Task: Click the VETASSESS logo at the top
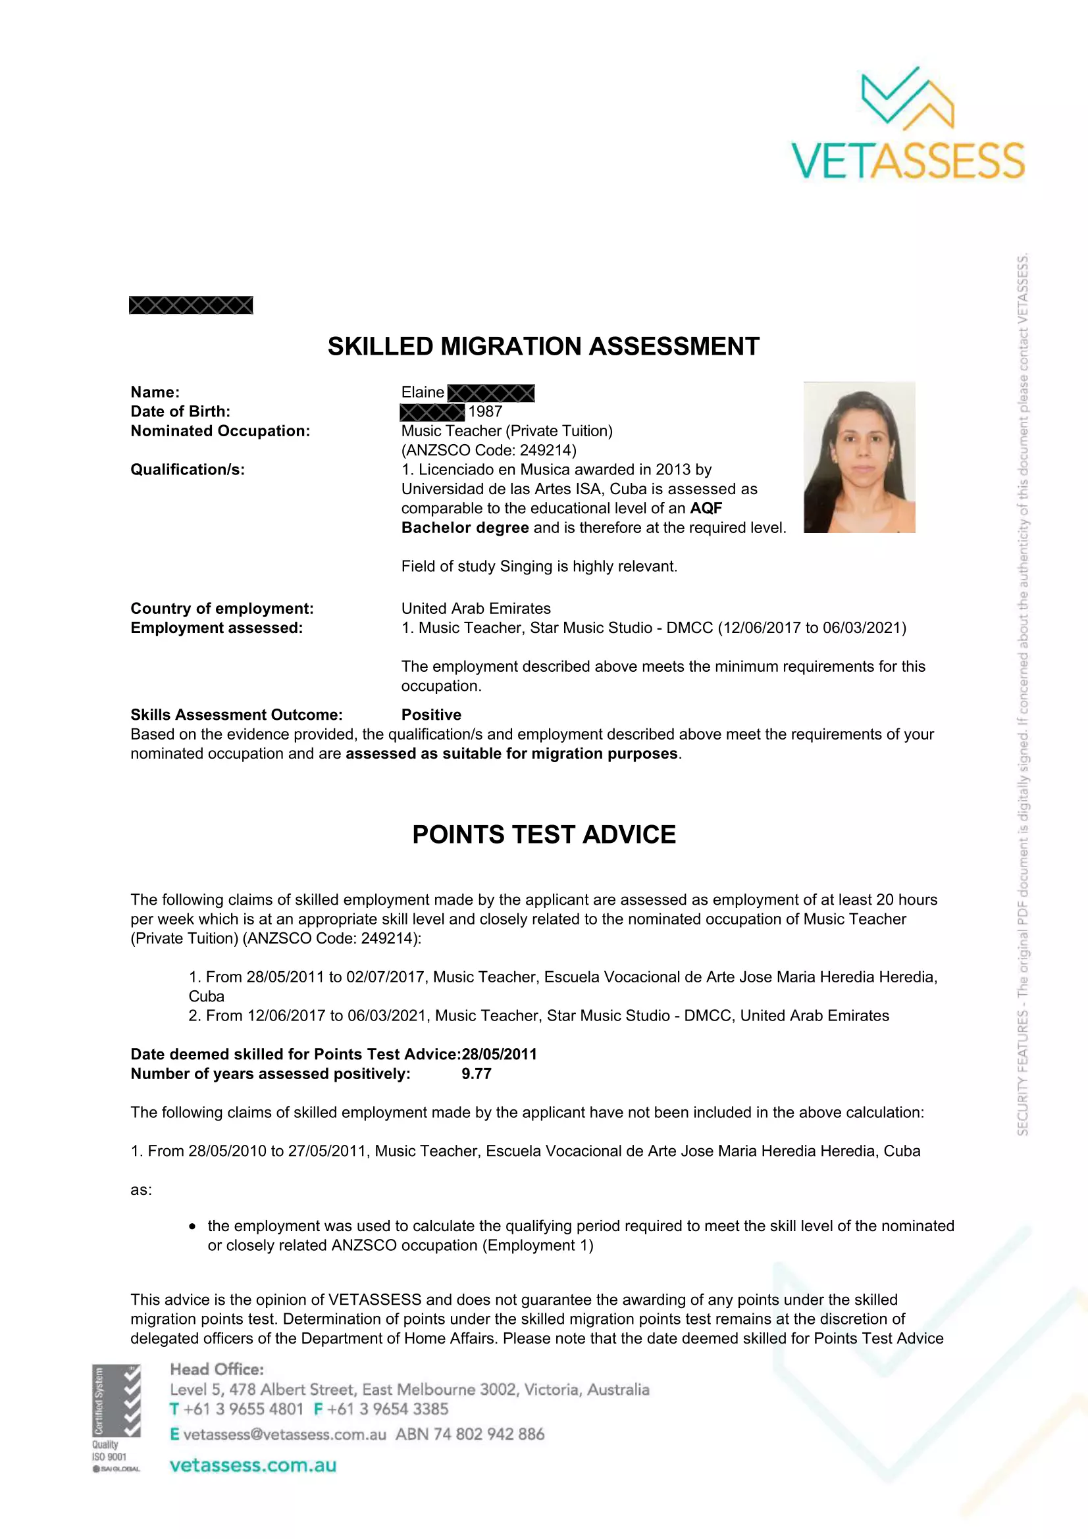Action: [908, 124]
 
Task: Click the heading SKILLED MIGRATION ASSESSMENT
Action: [543, 347]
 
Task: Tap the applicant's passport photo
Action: [859, 457]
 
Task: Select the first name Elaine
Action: [423, 392]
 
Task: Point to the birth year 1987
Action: [484, 411]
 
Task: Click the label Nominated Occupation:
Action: [220, 431]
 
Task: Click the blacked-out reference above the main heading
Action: [191, 305]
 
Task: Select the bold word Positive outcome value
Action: [431, 715]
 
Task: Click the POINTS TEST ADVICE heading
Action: [544, 834]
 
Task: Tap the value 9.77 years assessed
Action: [476, 1074]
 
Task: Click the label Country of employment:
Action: [222, 609]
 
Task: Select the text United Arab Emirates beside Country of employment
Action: [476, 609]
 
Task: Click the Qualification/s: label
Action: [188, 470]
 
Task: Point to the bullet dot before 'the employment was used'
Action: [192, 1226]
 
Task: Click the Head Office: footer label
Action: [217, 1369]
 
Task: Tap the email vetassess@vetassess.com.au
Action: [284, 1434]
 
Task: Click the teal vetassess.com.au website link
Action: [253, 1465]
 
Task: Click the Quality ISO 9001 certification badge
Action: [117, 1418]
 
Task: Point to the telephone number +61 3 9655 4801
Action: [244, 1409]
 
